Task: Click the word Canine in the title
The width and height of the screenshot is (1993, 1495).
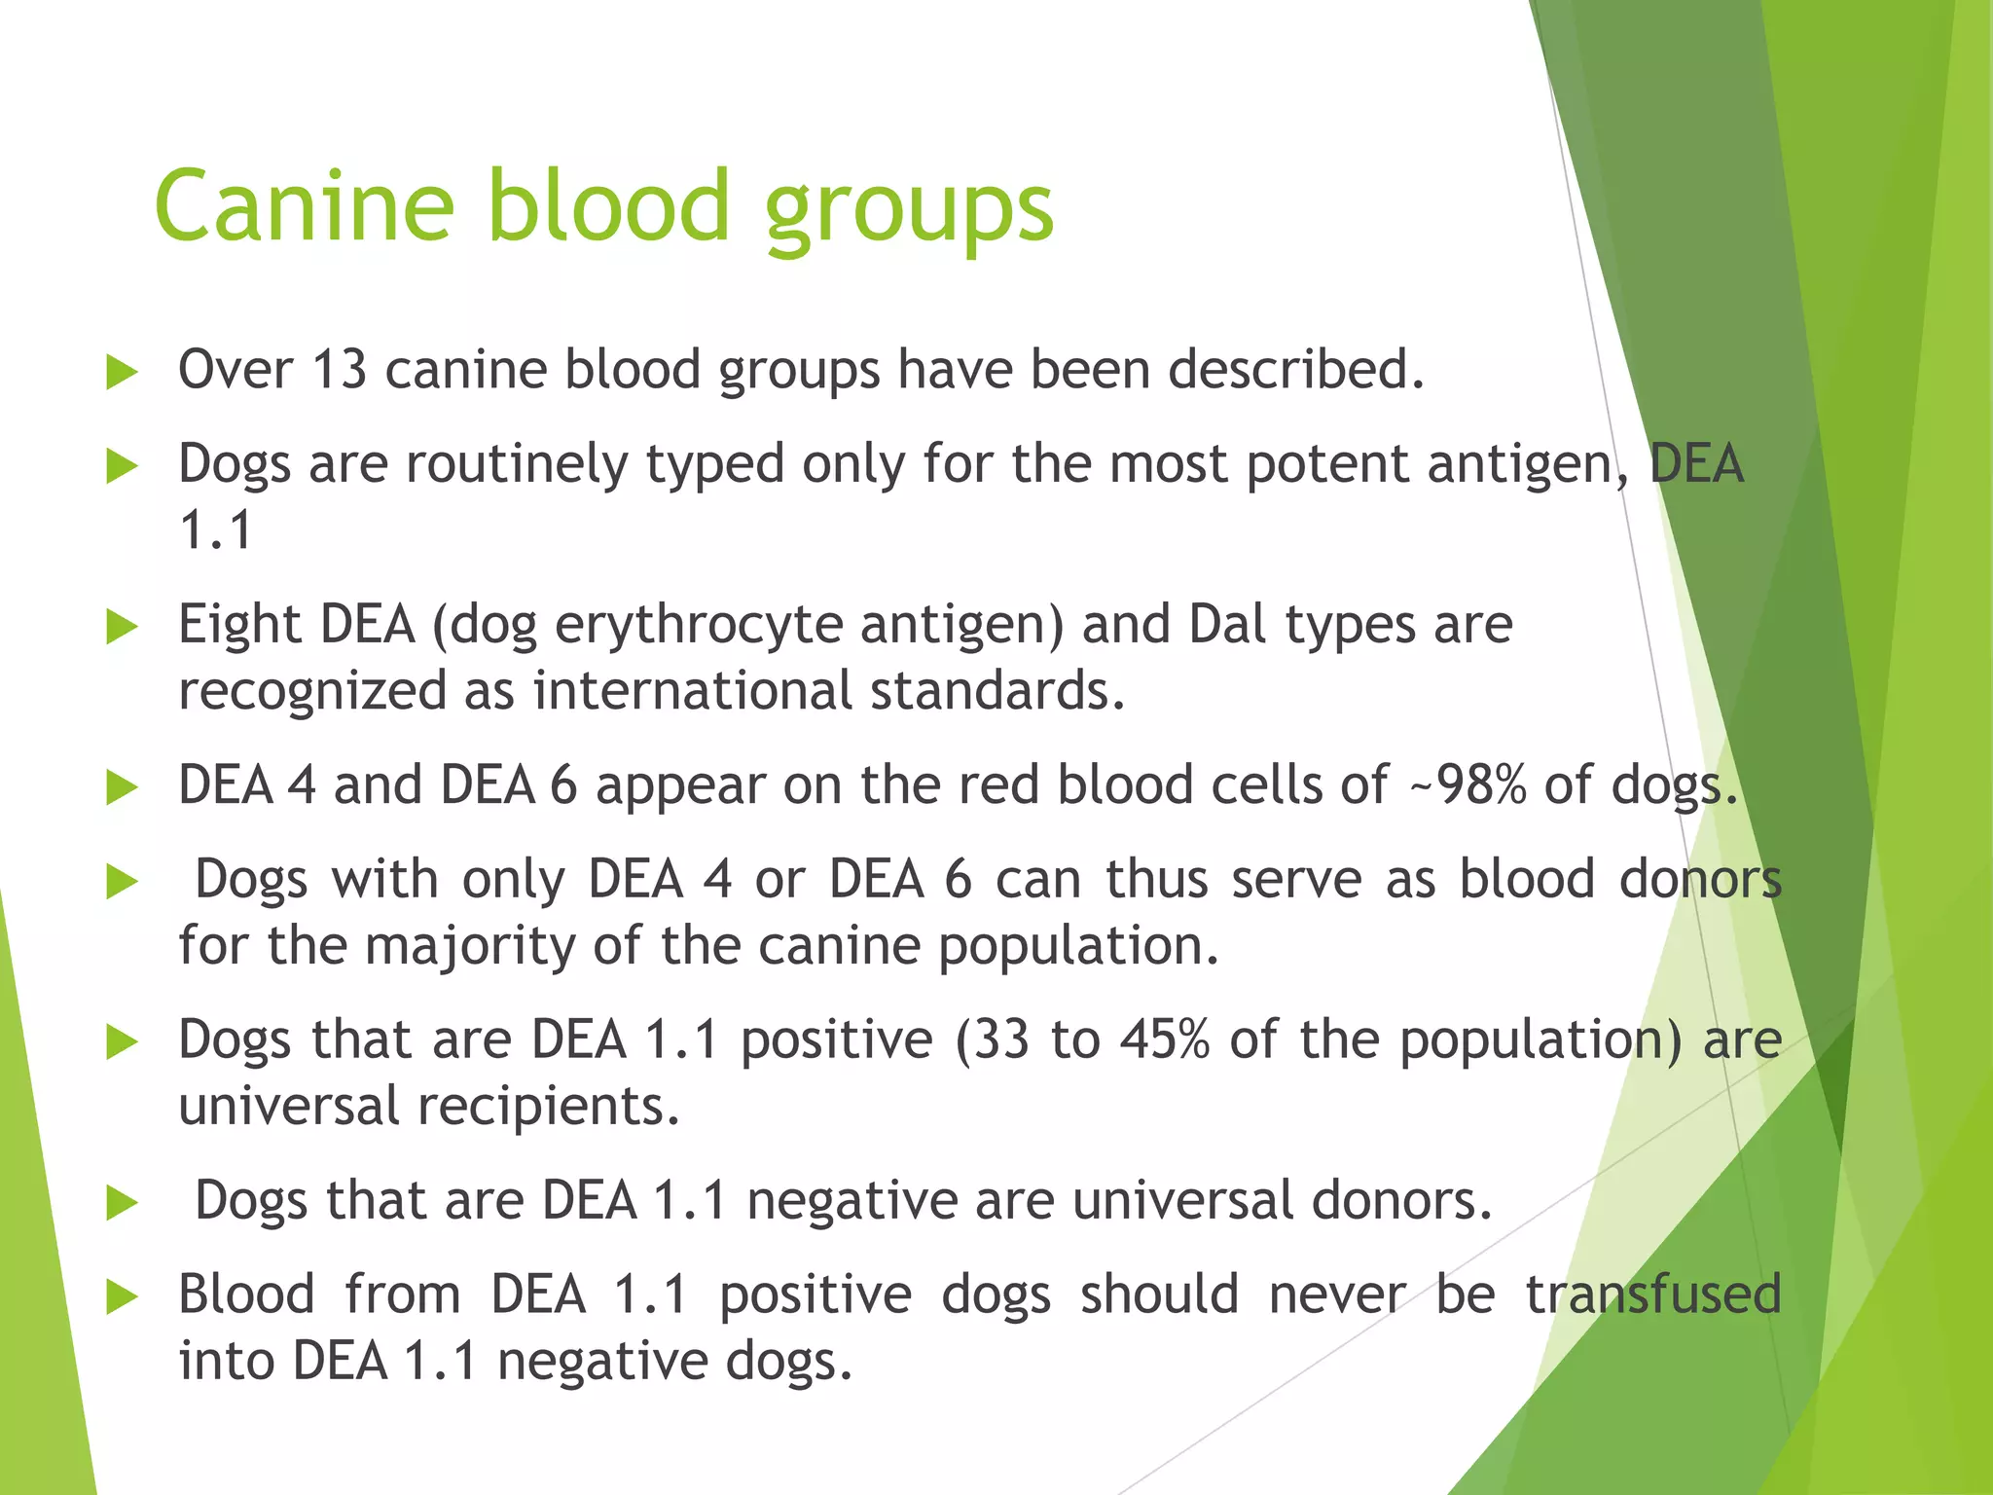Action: pos(305,206)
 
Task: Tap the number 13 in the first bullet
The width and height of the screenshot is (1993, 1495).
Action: pos(340,371)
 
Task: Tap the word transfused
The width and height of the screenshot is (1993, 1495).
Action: pos(1652,1295)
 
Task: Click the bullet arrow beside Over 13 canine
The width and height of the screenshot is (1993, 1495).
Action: pos(121,373)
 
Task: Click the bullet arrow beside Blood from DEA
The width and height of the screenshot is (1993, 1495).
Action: pos(121,1297)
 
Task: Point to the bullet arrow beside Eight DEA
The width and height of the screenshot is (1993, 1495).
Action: pos(121,627)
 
